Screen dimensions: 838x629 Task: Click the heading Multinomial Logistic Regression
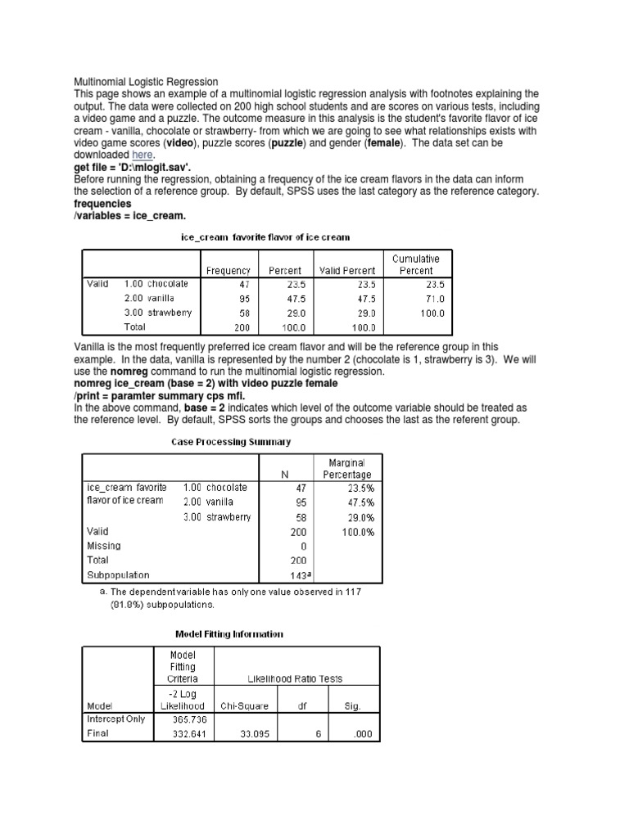(147, 82)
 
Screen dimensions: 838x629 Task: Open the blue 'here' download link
(143, 155)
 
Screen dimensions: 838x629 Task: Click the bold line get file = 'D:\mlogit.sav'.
(133, 166)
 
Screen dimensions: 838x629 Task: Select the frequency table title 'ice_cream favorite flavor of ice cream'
(265, 237)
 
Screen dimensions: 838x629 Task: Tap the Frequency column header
(229, 271)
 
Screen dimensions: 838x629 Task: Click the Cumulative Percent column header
(416, 264)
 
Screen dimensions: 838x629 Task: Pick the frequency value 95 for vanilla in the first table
(244, 299)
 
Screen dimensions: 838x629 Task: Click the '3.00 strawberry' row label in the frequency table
(158, 313)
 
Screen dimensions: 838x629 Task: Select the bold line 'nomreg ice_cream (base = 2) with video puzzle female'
(205, 384)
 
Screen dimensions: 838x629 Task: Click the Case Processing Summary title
(230, 442)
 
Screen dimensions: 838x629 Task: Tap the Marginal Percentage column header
(347, 469)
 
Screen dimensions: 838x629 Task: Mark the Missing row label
(104, 546)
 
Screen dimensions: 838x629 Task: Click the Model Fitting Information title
(230, 633)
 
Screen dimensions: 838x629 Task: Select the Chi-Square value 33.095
(239, 734)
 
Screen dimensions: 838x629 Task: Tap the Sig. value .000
(361, 734)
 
